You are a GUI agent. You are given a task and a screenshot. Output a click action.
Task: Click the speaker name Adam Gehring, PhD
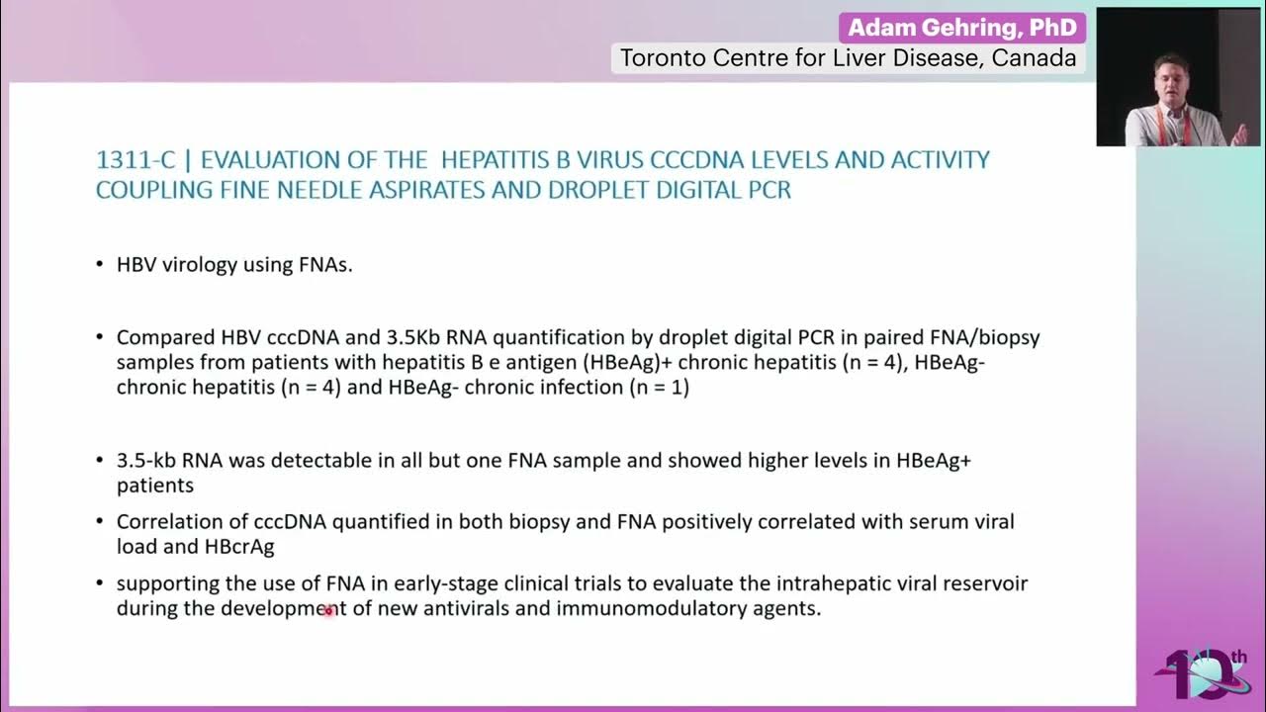coord(962,28)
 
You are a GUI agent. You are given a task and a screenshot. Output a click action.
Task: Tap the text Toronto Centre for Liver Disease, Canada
coord(848,58)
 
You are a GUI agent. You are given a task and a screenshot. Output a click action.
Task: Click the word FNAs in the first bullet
coord(324,265)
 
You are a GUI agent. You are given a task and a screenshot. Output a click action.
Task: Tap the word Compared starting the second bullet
coord(160,337)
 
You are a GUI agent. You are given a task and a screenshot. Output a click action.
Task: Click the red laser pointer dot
coord(329,611)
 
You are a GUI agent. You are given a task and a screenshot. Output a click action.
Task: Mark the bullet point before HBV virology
coord(100,265)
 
